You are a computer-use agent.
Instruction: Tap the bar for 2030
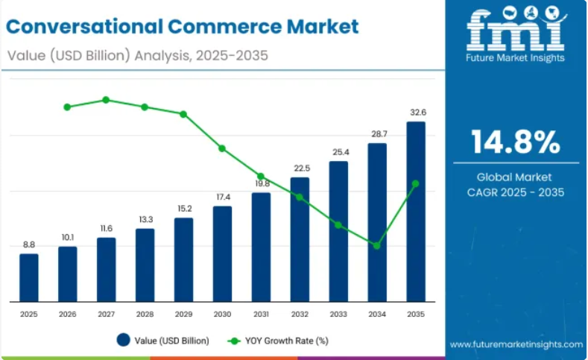pyautogui.click(x=222, y=253)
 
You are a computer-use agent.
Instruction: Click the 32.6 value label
pyautogui.click(x=417, y=113)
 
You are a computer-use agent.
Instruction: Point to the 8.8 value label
pyautogui.click(x=29, y=244)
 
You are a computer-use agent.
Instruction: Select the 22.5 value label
pyautogui.click(x=300, y=168)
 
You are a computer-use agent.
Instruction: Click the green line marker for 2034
pyautogui.click(x=377, y=245)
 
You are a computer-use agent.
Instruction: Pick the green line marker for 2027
pyautogui.click(x=106, y=100)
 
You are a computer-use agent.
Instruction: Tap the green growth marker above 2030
pyautogui.click(x=222, y=148)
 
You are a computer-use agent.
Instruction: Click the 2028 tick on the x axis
pyautogui.click(x=145, y=315)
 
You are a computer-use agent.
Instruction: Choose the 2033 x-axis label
pyautogui.click(x=338, y=315)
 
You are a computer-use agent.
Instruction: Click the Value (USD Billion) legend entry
pyautogui.click(x=162, y=341)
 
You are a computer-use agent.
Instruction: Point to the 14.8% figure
pyautogui.click(x=516, y=141)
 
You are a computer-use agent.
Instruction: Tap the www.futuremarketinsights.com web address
pyautogui.click(x=516, y=344)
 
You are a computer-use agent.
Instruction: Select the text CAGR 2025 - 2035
pyautogui.click(x=516, y=192)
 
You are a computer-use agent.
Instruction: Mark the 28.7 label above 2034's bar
pyautogui.click(x=379, y=133)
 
